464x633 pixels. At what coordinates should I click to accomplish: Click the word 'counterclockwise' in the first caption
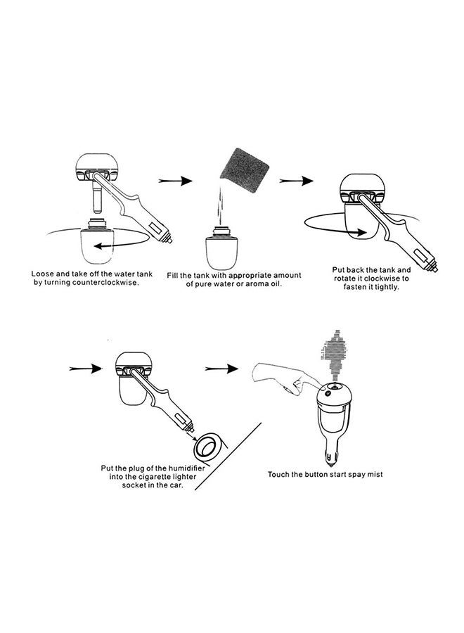tap(105, 283)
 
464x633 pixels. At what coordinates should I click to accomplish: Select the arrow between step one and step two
tap(175, 181)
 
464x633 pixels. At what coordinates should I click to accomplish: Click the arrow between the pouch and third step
tap(296, 181)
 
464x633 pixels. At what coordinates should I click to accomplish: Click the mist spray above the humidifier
tap(335, 356)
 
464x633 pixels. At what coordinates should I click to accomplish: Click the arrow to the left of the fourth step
tap(85, 368)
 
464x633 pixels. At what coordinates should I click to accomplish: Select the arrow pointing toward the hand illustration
tap(221, 368)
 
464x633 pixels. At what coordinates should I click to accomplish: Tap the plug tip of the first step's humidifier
tap(170, 241)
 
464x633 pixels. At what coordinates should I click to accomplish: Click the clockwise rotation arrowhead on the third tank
tap(361, 233)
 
